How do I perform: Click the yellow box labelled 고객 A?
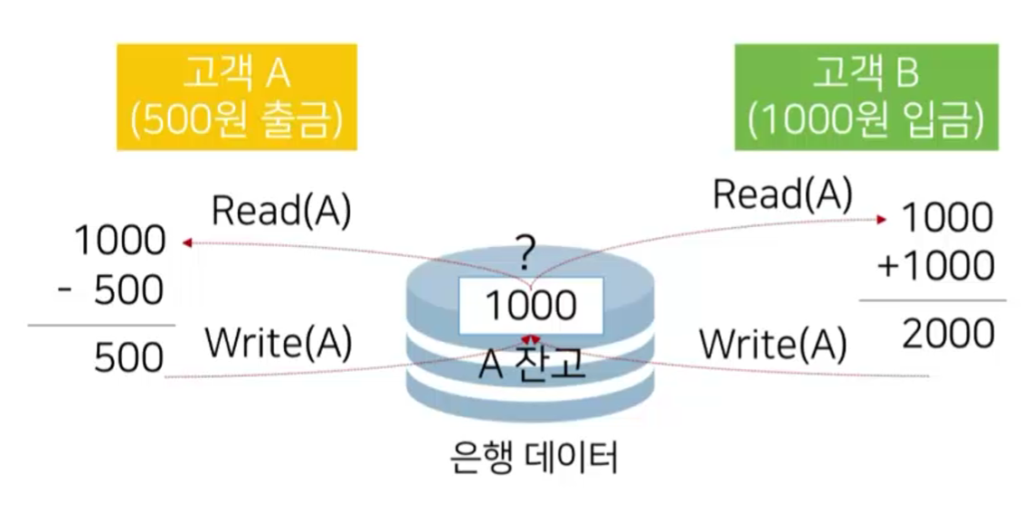point(237,97)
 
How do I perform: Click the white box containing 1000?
point(530,306)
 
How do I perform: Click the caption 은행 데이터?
point(534,458)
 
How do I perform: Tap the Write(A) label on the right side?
point(773,344)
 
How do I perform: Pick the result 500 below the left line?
point(128,359)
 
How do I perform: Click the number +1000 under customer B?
point(934,266)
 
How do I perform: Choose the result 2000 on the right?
point(947,335)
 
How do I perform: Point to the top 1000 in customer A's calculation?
point(119,241)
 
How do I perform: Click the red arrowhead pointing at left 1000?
point(185,242)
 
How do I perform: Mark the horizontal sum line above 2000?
point(932,300)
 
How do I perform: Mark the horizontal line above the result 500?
point(101,325)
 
